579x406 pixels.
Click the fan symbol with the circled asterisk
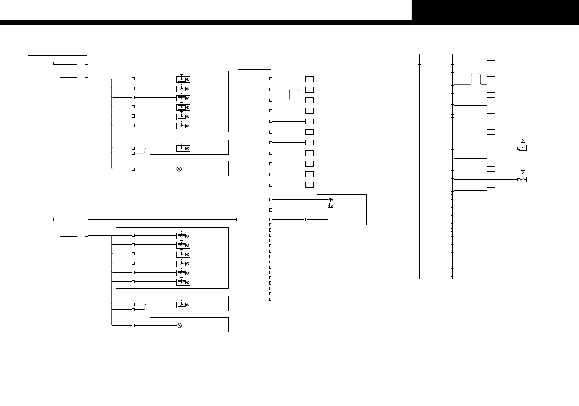tap(330, 199)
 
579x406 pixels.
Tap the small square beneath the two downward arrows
tap(330, 210)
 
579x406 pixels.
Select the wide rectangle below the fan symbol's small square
tap(333, 219)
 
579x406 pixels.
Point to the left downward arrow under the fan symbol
tap(329, 205)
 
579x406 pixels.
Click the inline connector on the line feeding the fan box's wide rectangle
tap(305, 219)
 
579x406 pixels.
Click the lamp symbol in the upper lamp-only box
tap(179, 169)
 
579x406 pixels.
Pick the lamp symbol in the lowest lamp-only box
tap(179, 326)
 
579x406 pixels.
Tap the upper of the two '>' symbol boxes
tap(523, 140)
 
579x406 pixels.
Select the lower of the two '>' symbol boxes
tap(523, 172)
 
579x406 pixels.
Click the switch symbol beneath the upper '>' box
tap(523, 148)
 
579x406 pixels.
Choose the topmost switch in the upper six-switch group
tap(183, 79)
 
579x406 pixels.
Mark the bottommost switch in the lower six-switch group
tap(183, 282)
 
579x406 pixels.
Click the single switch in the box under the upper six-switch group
tap(183, 148)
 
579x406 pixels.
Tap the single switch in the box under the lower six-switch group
tap(183, 305)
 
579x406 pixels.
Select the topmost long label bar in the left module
tap(65, 63)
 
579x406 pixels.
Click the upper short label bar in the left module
tap(69, 79)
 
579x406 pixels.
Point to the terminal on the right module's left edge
tap(420, 63)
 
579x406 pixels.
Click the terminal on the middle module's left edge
tap(238, 219)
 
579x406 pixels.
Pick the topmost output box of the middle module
tap(310, 79)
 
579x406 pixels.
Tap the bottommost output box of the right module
tap(491, 190)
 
